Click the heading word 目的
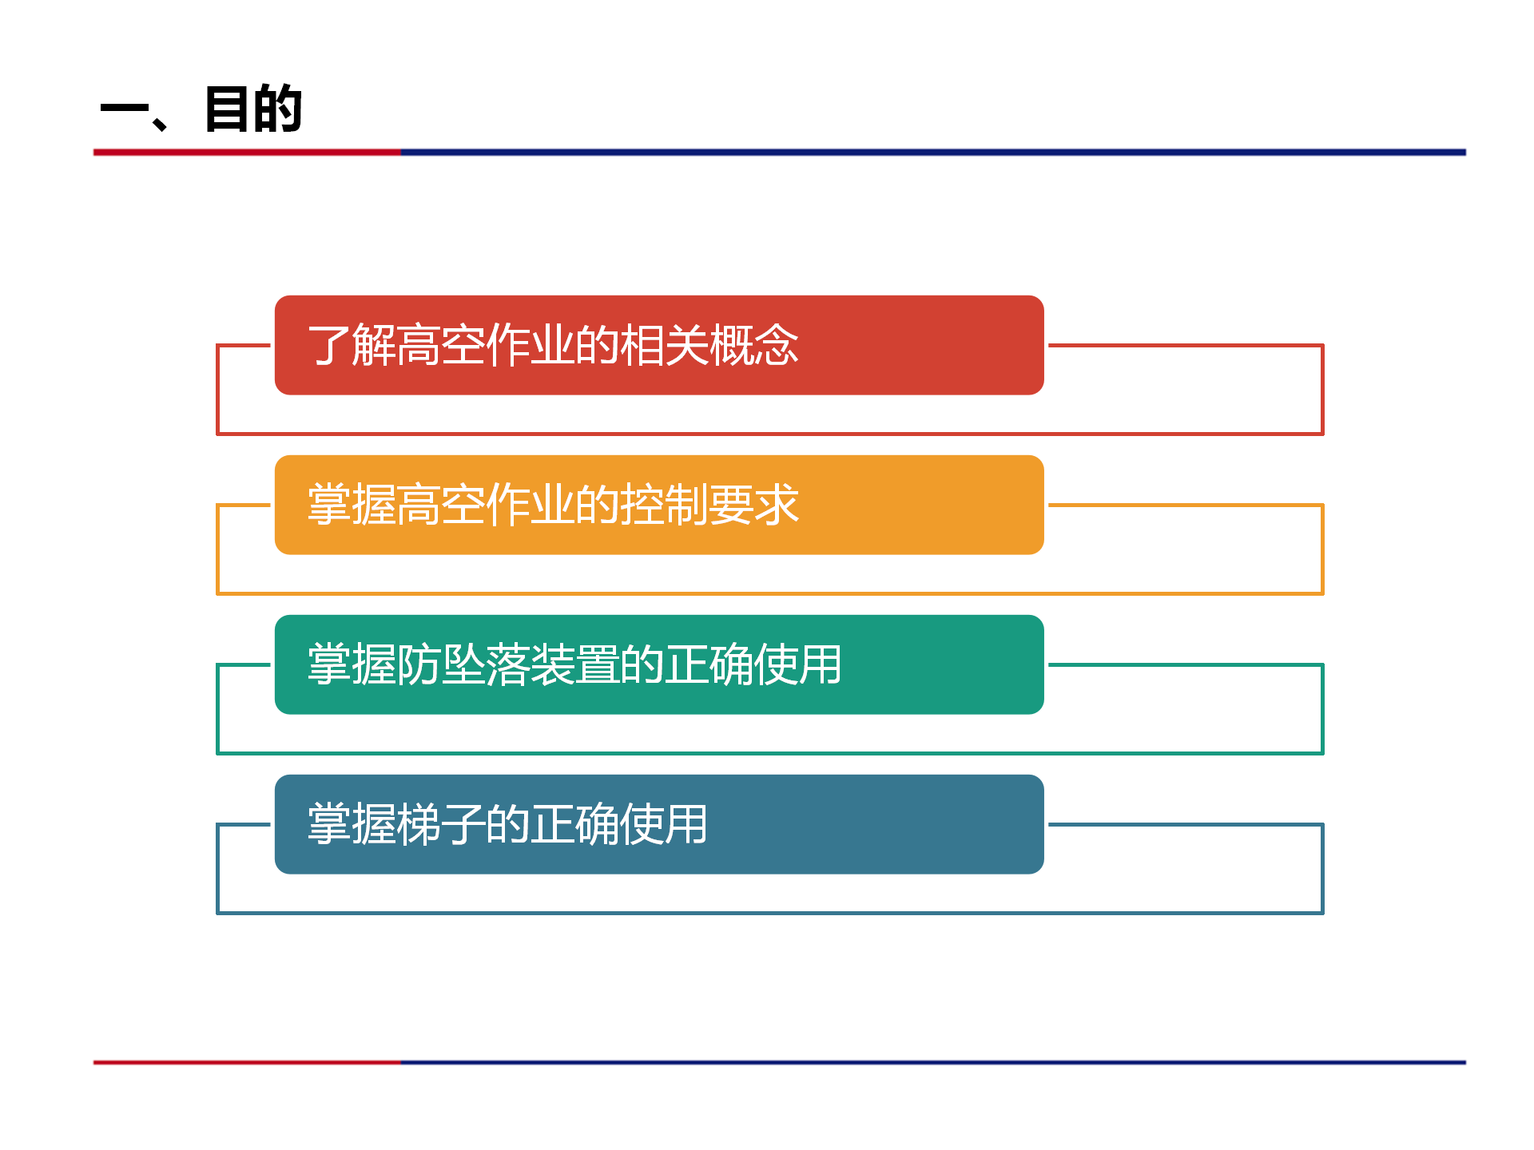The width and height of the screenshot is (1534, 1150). tap(253, 109)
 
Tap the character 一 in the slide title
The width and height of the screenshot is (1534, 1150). tap(125, 109)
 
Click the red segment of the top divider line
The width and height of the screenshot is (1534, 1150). tap(247, 152)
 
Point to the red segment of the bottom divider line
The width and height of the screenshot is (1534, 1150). tap(247, 1062)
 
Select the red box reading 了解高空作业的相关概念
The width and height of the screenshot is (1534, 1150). tap(659, 345)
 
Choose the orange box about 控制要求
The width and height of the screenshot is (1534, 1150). tap(659, 505)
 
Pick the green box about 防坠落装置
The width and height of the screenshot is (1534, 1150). tap(659, 664)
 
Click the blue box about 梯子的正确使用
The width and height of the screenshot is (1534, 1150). tap(659, 824)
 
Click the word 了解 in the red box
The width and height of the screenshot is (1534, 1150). tap(352, 345)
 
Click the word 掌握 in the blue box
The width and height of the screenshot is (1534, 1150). tap(352, 824)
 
